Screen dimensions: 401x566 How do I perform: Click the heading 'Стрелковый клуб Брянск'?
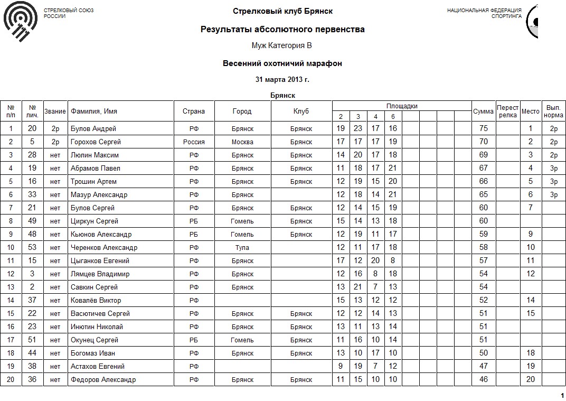(282, 11)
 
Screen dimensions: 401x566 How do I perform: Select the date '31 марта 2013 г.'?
(282, 80)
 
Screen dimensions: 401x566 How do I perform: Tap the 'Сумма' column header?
(483, 111)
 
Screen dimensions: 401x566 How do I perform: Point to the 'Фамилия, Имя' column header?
(94, 111)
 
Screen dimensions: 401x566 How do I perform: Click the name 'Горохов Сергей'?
(96, 142)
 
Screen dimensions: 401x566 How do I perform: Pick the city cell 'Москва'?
(242, 142)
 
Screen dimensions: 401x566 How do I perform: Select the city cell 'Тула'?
(242, 248)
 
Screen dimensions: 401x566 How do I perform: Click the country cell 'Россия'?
(194, 142)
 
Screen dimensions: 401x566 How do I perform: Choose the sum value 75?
(483, 129)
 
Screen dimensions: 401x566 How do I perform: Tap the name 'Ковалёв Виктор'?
(96, 301)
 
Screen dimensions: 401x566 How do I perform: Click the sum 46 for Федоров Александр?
(483, 380)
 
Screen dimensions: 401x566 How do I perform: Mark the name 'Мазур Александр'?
(99, 195)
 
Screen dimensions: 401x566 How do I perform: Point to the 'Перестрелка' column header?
(508, 111)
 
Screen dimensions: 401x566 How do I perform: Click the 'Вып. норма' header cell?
(553, 111)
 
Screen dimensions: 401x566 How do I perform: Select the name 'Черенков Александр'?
(104, 248)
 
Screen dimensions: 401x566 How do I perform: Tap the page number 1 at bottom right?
(562, 396)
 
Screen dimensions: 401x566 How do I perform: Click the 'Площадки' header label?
(402, 106)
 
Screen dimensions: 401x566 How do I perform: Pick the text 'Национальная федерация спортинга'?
(484, 13)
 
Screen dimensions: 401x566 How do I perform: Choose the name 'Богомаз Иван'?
(92, 353)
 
